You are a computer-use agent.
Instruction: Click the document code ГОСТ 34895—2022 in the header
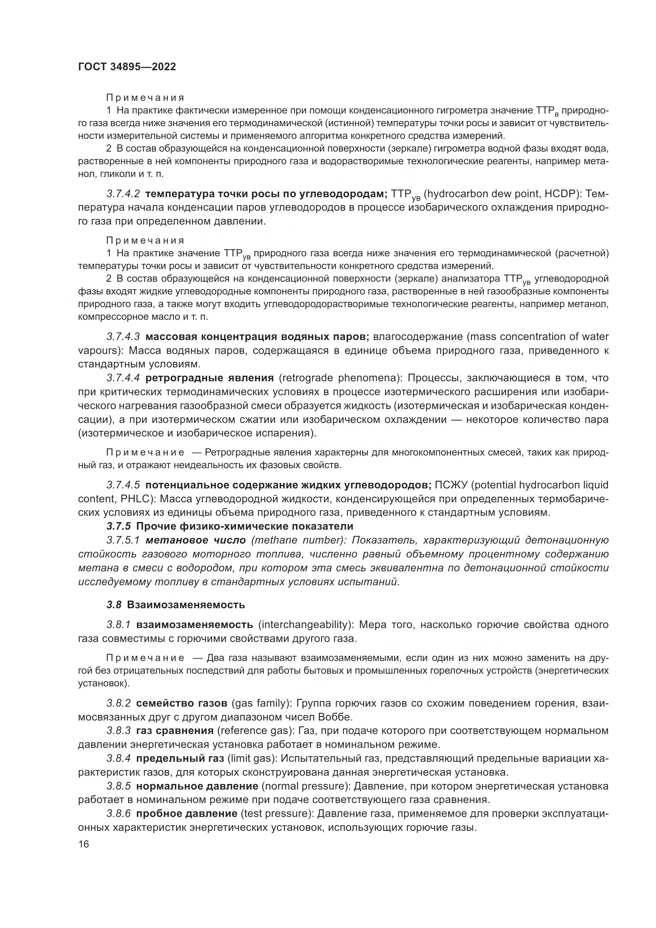pos(127,67)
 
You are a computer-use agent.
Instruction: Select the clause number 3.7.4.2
pos(123,194)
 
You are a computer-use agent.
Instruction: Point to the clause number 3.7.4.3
pos(123,337)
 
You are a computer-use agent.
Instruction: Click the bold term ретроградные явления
pos(209,378)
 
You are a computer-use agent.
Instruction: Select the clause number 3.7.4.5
pos(123,484)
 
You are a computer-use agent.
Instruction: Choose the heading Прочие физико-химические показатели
pos(245,526)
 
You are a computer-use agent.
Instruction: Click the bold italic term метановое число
pos(196,540)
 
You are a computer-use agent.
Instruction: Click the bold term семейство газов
pos(182,703)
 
